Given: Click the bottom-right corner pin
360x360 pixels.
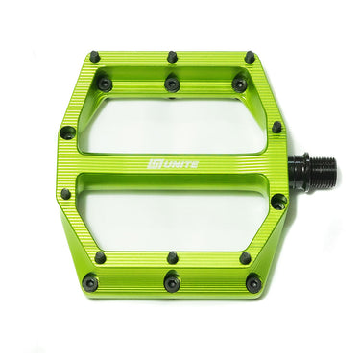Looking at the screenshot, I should pyautogui.click(x=253, y=284).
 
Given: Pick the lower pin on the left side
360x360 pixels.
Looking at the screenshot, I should pyautogui.click(x=65, y=193).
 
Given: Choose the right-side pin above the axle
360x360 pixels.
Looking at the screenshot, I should pyautogui.click(x=277, y=127).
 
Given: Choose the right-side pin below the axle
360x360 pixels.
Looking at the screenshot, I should pyautogui.click(x=278, y=202).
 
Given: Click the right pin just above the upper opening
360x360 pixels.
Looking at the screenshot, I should pyautogui.click(x=239, y=84).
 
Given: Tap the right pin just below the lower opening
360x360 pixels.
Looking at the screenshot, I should pyautogui.click(x=246, y=257).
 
